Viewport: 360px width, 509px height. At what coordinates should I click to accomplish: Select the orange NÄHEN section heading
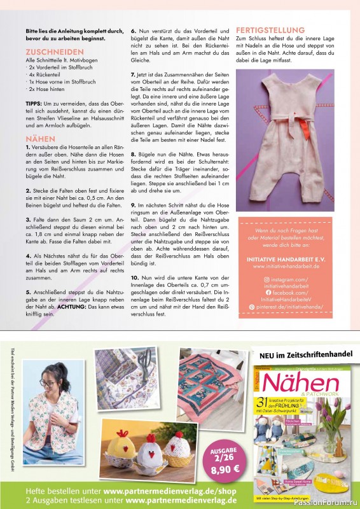point(40,138)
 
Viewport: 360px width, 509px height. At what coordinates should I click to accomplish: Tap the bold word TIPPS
point(34,103)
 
